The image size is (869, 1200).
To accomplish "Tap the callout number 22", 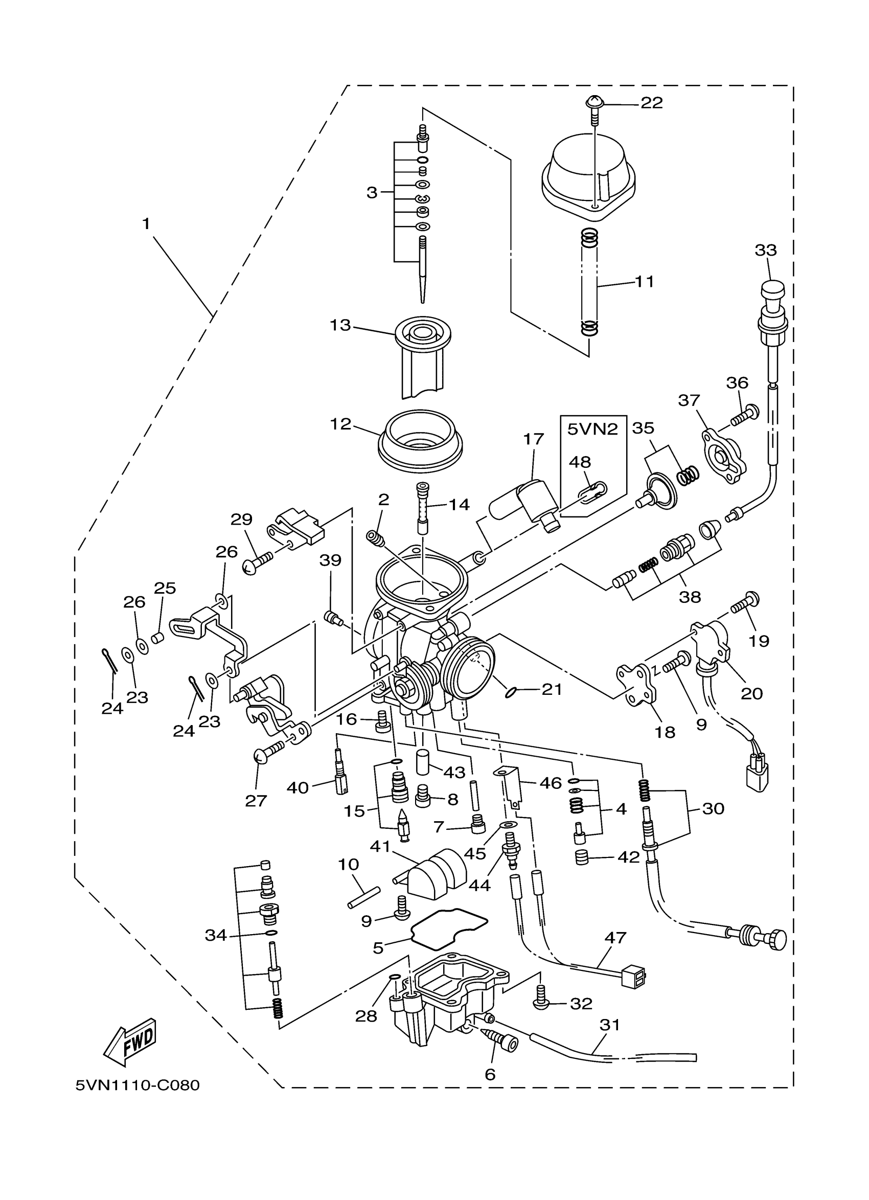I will click(651, 103).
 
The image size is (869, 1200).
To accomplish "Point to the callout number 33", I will click(765, 250).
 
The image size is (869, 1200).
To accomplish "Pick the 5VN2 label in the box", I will click(592, 428).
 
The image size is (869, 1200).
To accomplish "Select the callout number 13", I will click(340, 325).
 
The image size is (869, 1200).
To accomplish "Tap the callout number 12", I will click(340, 424).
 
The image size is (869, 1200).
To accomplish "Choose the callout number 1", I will click(146, 224).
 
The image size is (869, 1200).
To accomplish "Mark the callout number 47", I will click(614, 938).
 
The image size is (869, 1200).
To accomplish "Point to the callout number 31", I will click(609, 1025).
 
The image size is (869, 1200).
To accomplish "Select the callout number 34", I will click(216, 936).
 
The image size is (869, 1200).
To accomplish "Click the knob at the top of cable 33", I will click(772, 290).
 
